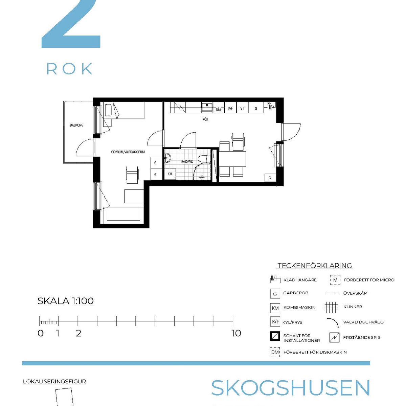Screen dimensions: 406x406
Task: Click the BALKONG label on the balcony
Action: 76,125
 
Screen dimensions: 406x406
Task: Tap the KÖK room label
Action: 205,119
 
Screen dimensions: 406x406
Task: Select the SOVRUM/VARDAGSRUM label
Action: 128,152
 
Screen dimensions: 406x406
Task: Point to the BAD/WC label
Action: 187,162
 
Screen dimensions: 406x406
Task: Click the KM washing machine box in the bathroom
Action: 170,174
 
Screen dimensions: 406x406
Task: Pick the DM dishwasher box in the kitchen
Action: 218,110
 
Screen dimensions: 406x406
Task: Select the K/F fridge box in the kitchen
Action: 230,108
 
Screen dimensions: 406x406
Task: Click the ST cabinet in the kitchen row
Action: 242,108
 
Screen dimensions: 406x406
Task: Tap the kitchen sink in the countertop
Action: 207,107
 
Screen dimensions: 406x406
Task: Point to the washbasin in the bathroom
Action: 168,158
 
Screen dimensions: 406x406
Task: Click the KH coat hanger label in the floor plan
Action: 269,104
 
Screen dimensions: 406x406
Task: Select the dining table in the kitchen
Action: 232,159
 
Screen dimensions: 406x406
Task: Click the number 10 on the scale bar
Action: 236,333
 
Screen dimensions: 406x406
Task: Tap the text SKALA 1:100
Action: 66,301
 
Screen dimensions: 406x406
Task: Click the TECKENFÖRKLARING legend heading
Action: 315,266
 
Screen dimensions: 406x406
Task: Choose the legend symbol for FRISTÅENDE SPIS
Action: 334,338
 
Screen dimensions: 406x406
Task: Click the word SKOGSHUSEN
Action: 291,388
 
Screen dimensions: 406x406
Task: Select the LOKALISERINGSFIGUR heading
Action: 54,382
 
